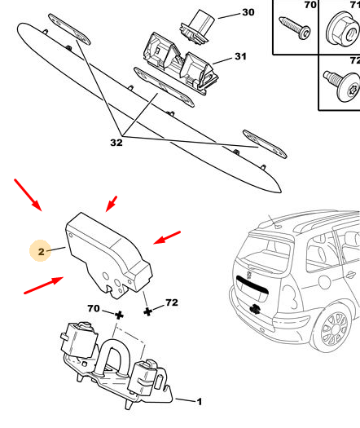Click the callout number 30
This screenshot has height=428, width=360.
point(248,12)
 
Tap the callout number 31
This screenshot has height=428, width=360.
point(240,56)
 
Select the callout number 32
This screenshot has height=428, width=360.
point(116,143)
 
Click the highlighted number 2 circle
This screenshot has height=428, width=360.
point(41,251)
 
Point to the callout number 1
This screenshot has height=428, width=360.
point(200,402)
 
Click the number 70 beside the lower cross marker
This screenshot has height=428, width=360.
point(94,308)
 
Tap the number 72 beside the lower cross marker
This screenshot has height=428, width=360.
point(172,302)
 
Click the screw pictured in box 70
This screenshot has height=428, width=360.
point(295,28)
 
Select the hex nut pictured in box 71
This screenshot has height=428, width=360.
point(343,29)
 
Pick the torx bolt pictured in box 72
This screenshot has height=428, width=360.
point(342,85)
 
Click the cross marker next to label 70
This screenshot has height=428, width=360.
point(119,315)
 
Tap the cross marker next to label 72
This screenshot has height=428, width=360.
point(147,311)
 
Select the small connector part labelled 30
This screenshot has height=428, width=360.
point(197,27)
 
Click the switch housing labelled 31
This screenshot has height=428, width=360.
point(180,64)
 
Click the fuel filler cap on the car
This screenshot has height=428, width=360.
point(324,282)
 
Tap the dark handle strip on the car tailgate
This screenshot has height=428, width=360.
point(252,285)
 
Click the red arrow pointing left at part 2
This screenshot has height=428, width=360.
point(167,237)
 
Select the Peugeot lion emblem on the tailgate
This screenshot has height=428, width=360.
point(249,275)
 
